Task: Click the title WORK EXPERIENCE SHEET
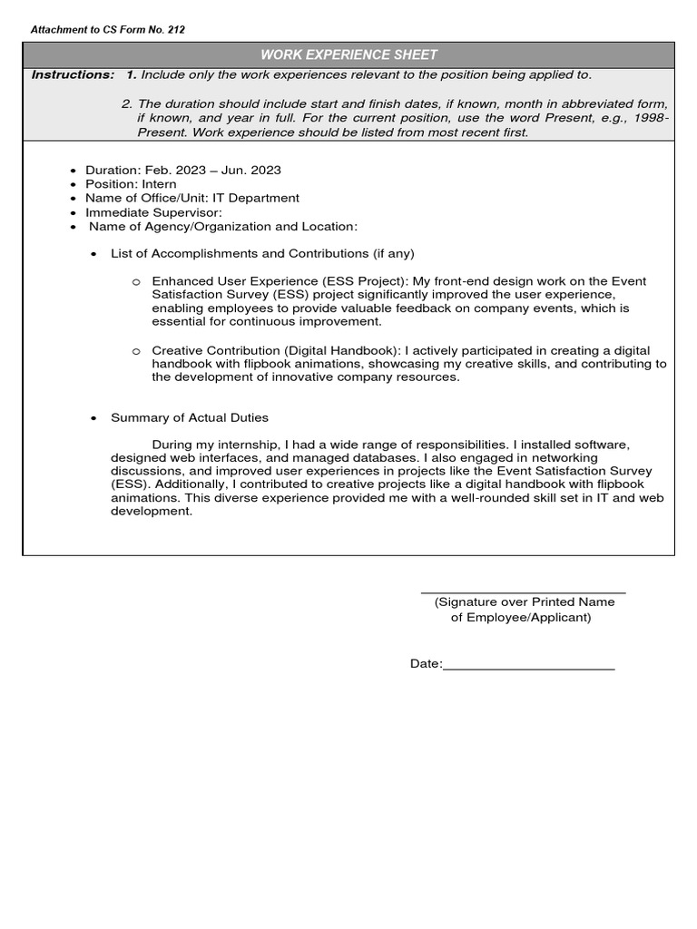pos(348,54)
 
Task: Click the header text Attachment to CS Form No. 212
pos(108,30)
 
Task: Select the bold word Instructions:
pos(73,74)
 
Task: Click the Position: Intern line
pos(131,184)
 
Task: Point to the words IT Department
pos(255,198)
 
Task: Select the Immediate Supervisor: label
pos(153,211)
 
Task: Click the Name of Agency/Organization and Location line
pos(223,226)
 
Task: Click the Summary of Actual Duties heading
pos(190,417)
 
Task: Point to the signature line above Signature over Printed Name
pos(524,592)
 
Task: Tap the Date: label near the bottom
pos(426,664)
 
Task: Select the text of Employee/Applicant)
pos(521,618)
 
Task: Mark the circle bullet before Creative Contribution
pos(135,351)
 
